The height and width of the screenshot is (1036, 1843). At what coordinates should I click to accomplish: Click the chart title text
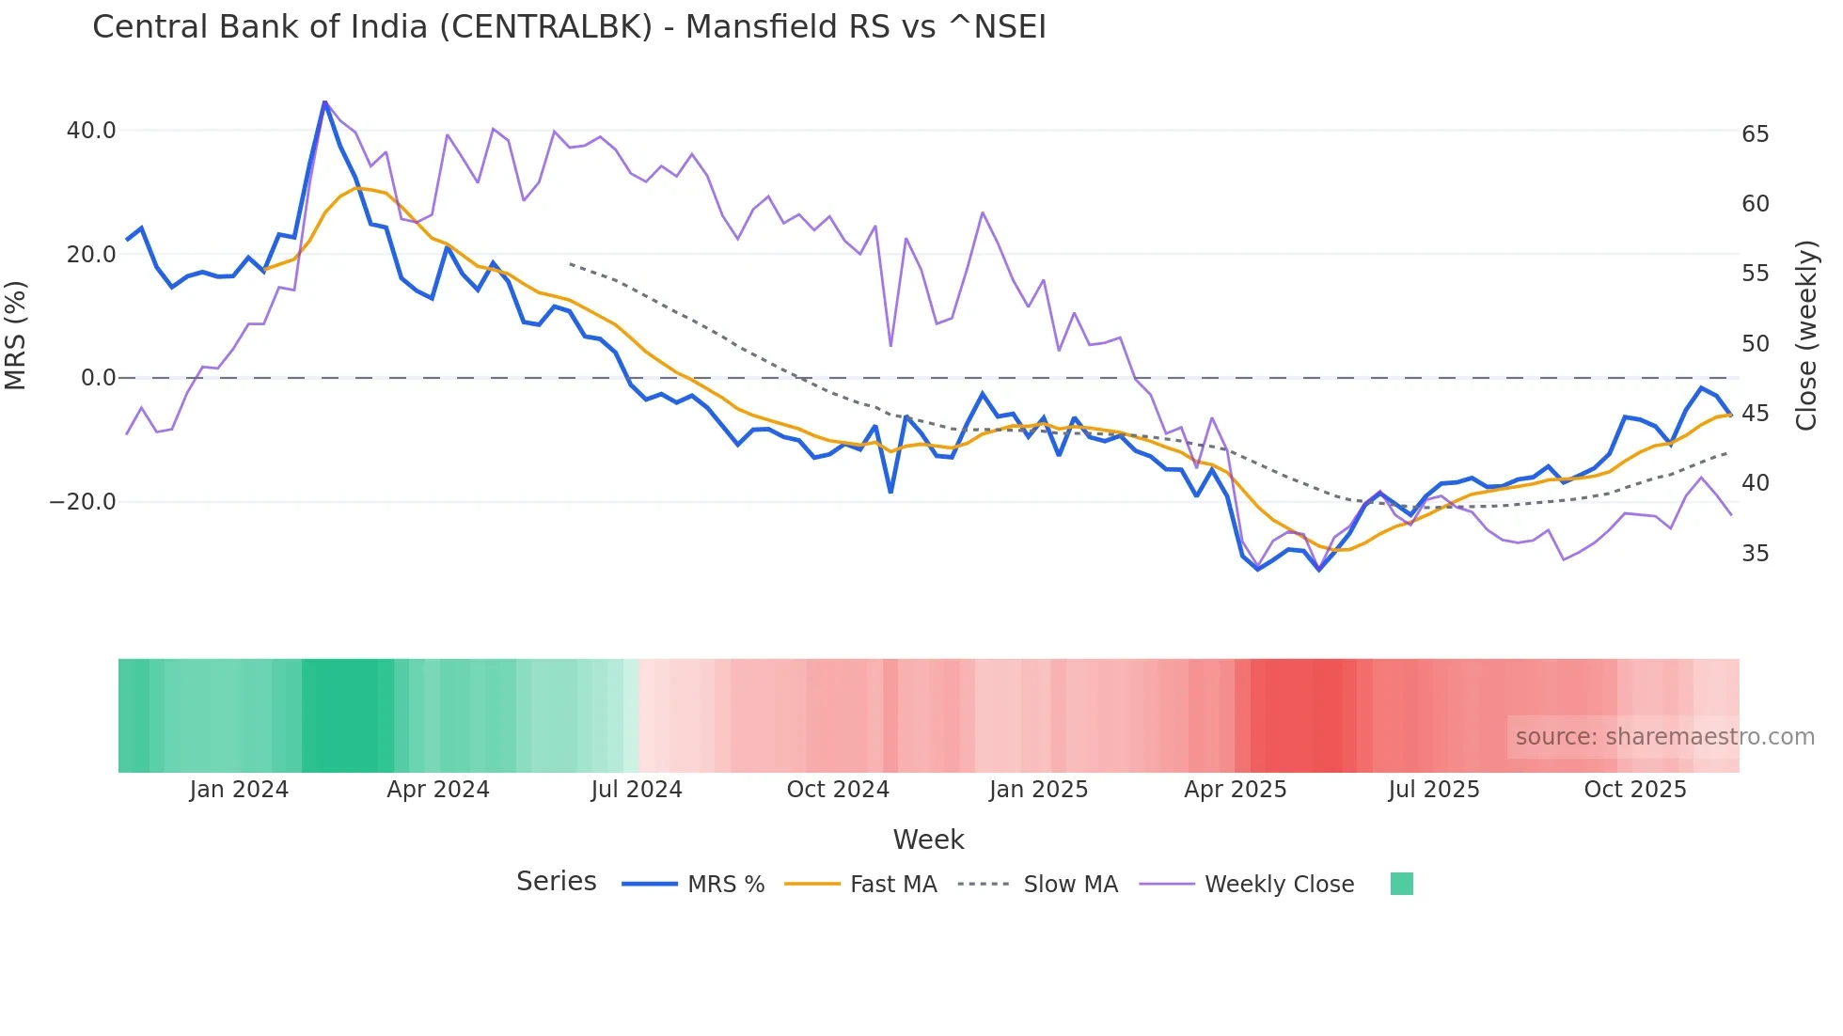tap(569, 27)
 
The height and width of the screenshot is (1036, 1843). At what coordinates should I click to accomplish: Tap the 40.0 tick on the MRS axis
tap(91, 131)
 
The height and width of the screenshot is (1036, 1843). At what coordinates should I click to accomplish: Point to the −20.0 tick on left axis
tap(84, 502)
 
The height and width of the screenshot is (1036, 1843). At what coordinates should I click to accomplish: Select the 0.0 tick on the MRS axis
tap(99, 378)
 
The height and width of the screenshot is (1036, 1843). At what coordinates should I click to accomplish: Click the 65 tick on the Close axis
tap(1755, 134)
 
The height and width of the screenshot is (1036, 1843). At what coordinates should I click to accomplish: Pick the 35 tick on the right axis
tap(1755, 554)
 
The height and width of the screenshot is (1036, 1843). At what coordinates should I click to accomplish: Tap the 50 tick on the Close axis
tap(1755, 344)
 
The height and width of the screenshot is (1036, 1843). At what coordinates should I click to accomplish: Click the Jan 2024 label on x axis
tap(239, 790)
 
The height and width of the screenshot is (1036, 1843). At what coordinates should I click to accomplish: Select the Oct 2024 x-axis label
tap(838, 790)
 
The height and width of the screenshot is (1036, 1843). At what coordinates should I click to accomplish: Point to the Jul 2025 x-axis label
tap(1434, 790)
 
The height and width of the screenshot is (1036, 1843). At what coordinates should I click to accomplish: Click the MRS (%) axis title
tap(16, 335)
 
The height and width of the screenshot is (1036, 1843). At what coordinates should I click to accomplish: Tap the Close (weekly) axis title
tap(1806, 336)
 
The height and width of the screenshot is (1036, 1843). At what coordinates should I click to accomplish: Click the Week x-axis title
tap(928, 840)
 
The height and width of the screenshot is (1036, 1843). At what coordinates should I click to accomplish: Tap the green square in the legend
tap(1401, 884)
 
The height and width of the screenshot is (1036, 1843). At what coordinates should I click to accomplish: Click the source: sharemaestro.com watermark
tap(1664, 737)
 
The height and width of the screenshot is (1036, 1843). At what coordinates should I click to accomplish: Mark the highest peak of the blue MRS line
tap(324, 102)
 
